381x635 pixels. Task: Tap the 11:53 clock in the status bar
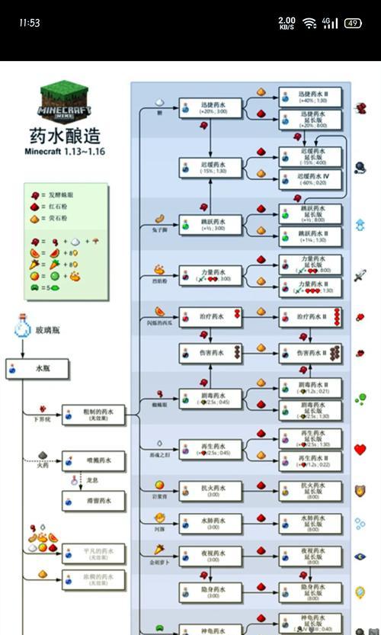point(29,23)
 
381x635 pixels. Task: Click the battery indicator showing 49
point(353,23)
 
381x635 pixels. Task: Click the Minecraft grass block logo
point(65,103)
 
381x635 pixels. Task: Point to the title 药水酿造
point(65,136)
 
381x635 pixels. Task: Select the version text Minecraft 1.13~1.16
point(65,152)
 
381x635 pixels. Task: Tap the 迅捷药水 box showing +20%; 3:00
point(210,107)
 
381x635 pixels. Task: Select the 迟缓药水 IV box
point(309,179)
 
